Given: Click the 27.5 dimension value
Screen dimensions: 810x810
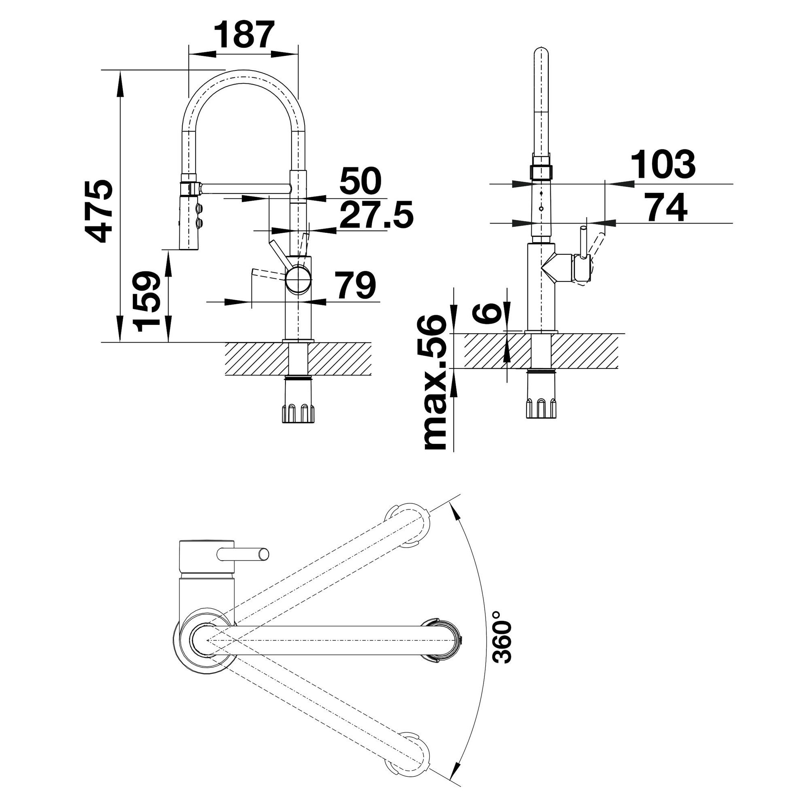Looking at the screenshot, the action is tap(376, 214).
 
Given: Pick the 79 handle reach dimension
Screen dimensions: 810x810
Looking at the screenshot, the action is tap(356, 285).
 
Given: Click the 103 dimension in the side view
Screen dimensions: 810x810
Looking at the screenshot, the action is tap(663, 165).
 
